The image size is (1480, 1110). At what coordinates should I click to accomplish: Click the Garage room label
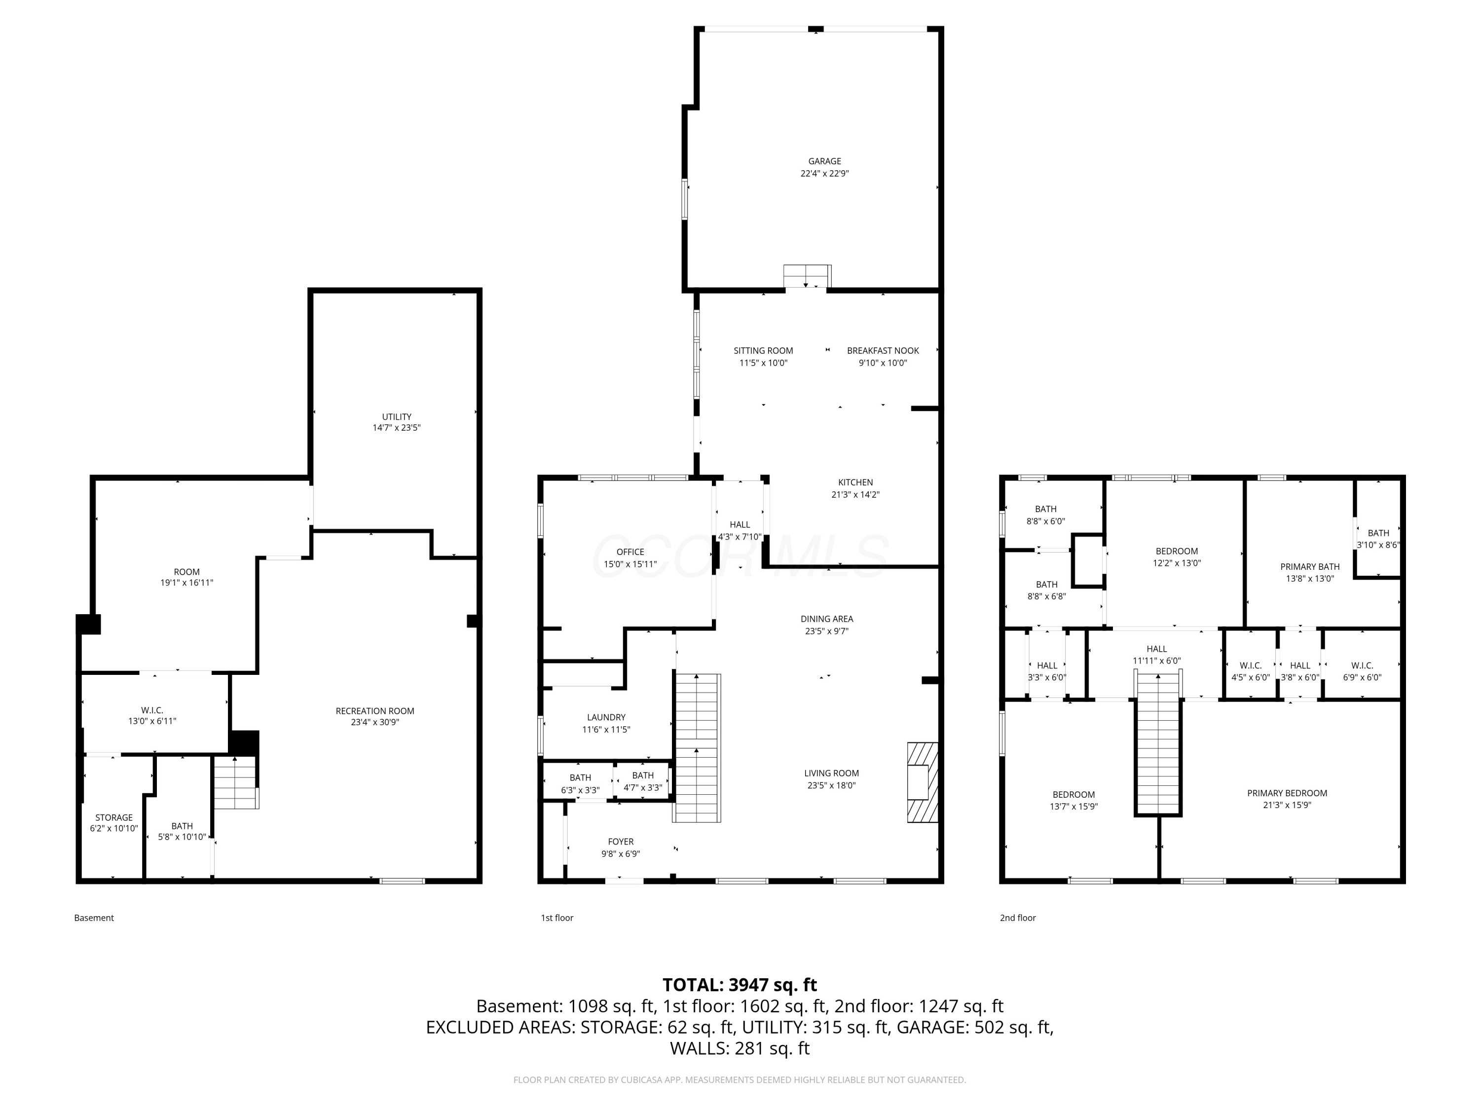click(824, 161)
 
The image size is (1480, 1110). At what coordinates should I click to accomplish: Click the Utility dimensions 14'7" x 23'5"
click(396, 428)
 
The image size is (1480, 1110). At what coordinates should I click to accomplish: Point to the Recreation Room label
click(374, 710)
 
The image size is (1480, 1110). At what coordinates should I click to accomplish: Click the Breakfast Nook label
click(883, 351)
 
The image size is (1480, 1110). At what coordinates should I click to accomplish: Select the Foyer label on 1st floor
click(620, 842)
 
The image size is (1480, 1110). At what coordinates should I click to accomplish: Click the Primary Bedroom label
click(1287, 793)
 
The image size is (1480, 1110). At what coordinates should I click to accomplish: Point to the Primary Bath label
click(1309, 567)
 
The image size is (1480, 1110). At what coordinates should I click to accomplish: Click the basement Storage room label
click(114, 817)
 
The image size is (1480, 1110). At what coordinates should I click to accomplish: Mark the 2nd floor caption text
click(1017, 918)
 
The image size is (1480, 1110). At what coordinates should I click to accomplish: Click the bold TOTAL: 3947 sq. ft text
click(740, 984)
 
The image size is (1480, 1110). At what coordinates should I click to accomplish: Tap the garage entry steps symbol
click(807, 276)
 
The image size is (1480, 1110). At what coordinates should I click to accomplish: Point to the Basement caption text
click(94, 918)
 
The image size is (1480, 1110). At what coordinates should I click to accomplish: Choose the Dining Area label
click(826, 619)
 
